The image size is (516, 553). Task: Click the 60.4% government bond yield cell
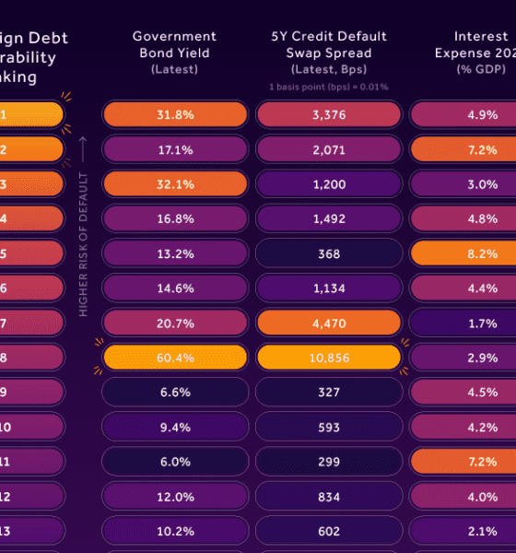point(175,357)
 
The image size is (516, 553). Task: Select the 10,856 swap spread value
point(329,357)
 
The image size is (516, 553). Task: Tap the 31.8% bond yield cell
point(175,114)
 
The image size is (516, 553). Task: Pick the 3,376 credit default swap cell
point(329,114)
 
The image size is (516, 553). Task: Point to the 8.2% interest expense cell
point(463,253)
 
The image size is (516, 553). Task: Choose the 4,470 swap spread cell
point(329,322)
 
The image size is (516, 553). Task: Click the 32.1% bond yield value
point(175,183)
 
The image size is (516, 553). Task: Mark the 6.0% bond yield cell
point(175,460)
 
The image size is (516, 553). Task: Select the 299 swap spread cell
point(329,460)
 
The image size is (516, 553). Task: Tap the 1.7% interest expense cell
point(463,322)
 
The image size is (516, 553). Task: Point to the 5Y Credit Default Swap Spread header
point(329,52)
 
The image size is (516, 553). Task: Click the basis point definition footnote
point(329,87)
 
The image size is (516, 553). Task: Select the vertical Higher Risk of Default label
point(83,244)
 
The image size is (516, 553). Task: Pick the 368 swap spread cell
point(329,253)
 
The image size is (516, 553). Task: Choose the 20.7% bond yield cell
point(175,322)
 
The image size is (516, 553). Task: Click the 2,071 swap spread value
point(329,149)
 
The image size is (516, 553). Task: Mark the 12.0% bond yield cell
point(175,495)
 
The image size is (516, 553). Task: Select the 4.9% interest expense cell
point(463,114)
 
